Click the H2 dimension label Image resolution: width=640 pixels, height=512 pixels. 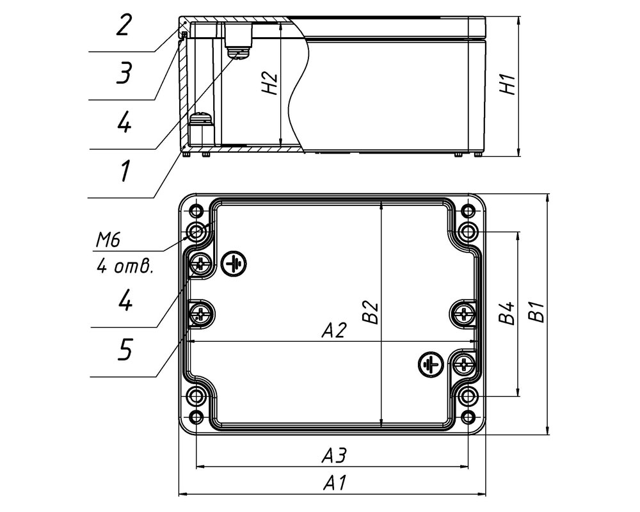click(270, 84)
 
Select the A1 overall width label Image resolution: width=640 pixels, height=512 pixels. click(335, 483)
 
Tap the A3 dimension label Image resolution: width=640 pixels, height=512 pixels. click(334, 456)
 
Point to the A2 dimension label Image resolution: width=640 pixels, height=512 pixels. click(334, 330)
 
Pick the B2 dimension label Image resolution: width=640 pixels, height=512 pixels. click(371, 312)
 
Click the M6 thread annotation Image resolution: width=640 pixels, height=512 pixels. click(108, 241)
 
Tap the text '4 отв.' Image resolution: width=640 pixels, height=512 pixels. click(125, 266)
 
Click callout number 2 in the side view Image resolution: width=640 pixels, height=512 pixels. click(124, 26)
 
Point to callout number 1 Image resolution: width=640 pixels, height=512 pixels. click(125, 171)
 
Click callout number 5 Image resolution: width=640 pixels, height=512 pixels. click(125, 349)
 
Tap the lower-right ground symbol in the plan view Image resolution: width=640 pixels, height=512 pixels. click(431, 364)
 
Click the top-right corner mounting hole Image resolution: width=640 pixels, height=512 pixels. click(468, 211)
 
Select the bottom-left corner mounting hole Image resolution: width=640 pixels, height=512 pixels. click(196, 417)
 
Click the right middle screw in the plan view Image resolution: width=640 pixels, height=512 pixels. click(463, 314)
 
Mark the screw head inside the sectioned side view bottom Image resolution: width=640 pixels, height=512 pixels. click(202, 118)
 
